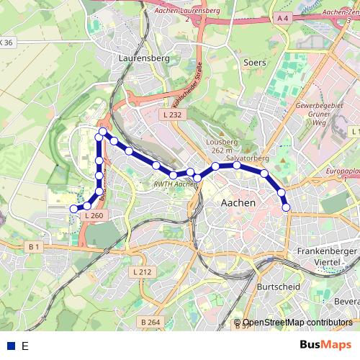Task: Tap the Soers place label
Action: pyautogui.click(x=255, y=63)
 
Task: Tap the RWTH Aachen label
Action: pyautogui.click(x=176, y=184)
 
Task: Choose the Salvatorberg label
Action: pyautogui.click(x=247, y=157)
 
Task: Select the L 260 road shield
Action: pyautogui.click(x=94, y=215)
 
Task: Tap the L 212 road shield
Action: pyautogui.click(x=143, y=272)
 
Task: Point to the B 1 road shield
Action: pyautogui.click(x=34, y=247)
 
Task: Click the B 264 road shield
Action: pyautogui.click(x=150, y=321)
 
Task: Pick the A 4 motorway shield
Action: pyautogui.click(x=282, y=18)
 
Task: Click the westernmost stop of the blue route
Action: pyautogui.click(x=73, y=209)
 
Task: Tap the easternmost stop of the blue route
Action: pyautogui.click(x=287, y=207)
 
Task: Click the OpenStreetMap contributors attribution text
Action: pyautogui.click(x=297, y=323)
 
